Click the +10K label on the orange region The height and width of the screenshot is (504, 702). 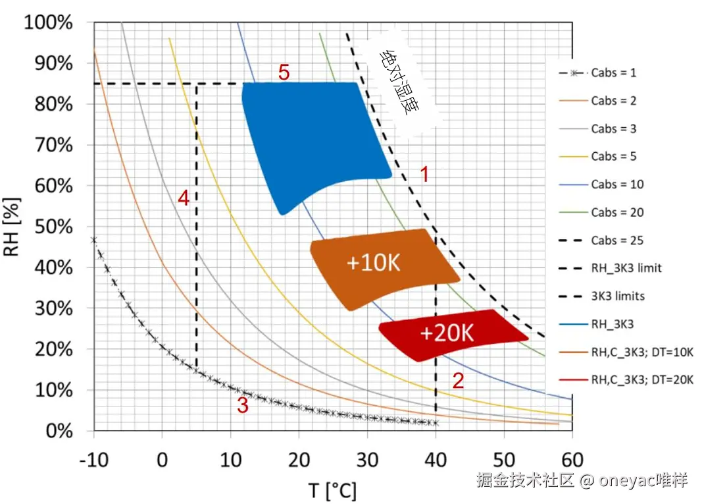[373, 263]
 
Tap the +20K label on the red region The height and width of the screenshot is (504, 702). [446, 333]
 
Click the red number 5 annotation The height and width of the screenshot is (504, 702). [284, 72]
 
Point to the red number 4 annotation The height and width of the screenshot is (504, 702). [184, 198]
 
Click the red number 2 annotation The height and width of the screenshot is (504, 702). [458, 380]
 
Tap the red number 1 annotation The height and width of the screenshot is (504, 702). [424, 175]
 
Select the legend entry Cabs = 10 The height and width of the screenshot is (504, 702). [616, 184]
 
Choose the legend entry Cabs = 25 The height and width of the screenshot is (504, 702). [616, 240]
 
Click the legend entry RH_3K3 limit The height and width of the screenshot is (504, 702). [626, 268]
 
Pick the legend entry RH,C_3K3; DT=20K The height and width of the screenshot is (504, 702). [641, 379]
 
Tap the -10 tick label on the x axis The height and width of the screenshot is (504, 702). [94, 459]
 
